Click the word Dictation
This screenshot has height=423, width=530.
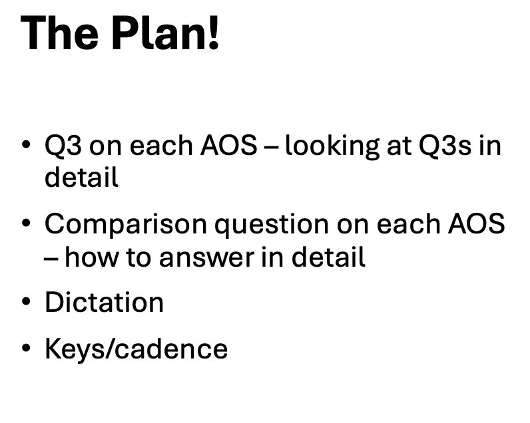click(104, 303)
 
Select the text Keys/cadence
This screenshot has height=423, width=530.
click(136, 349)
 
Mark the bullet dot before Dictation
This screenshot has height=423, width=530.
click(26, 303)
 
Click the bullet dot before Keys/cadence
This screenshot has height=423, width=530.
click(26, 349)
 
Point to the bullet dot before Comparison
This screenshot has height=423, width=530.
click(26, 225)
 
